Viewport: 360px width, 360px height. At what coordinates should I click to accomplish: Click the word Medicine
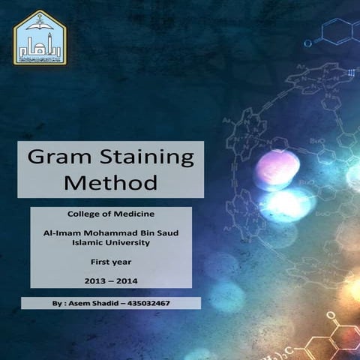point(134,214)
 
